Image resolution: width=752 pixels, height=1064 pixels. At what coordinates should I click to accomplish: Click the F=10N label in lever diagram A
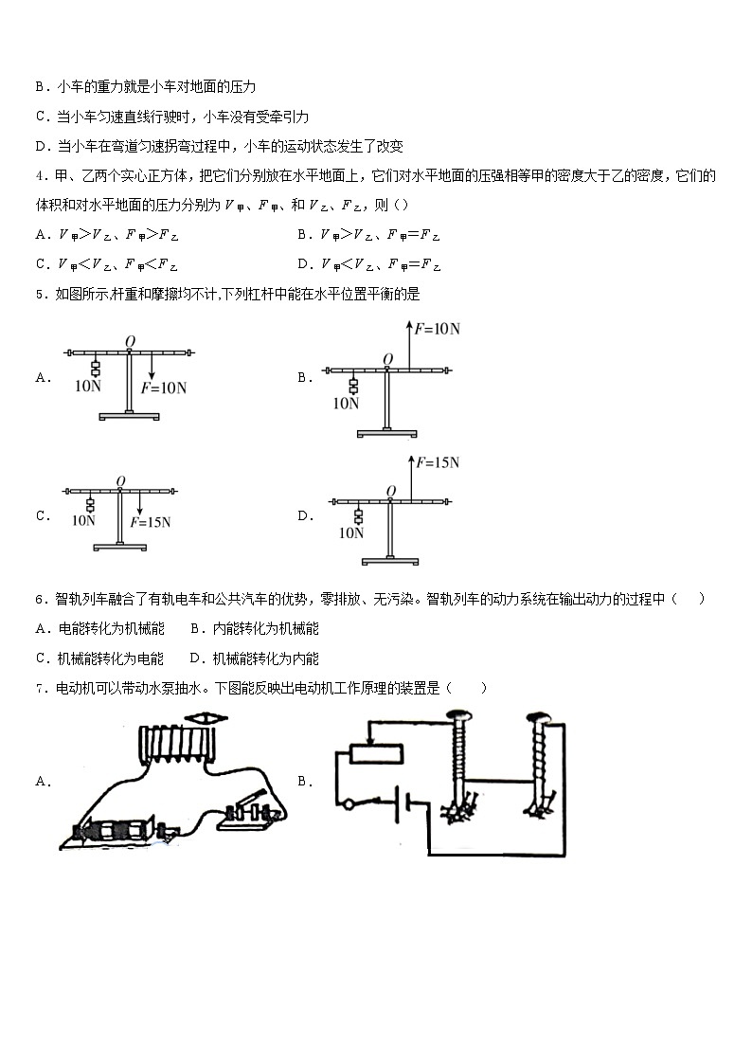[x=164, y=388]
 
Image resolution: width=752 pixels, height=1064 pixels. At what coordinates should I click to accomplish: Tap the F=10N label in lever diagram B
[x=436, y=330]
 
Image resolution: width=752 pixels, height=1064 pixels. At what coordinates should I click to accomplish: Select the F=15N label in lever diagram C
[x=156, y=521]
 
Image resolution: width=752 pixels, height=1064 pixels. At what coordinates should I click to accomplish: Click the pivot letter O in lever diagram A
[x=129, y=340]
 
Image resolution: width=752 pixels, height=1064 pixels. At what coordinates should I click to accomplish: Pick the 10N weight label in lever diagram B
[x=346, y=403]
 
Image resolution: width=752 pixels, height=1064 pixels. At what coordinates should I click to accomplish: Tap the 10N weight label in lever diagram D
[x=351, y=533]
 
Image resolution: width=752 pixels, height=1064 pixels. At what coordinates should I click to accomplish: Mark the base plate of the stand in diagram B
[x=386, y=434]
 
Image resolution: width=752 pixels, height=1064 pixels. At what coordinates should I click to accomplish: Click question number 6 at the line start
[x=39, y=599]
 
